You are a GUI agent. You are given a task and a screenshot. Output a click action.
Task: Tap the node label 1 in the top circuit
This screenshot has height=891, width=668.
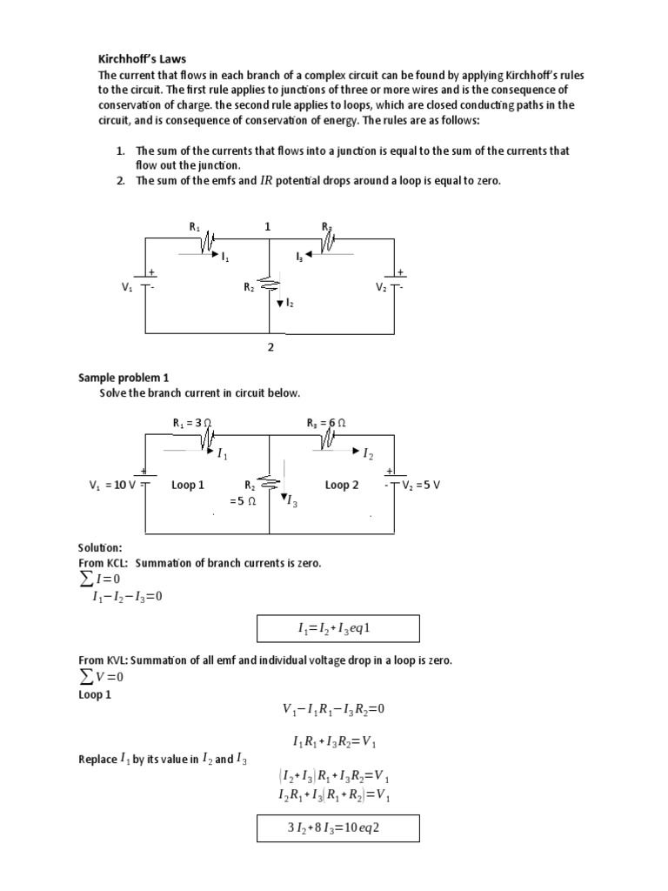pyautogui.click(x=268, y=226)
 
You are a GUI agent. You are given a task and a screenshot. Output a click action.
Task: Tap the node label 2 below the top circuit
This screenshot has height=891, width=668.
pyautogui.click(x=271, y=347)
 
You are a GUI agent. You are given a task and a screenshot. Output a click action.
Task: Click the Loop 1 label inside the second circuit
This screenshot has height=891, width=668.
pyautogui.click(x=188, y=485)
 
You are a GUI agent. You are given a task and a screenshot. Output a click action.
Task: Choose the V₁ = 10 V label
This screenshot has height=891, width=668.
pyautogui.click(x=113, y=485)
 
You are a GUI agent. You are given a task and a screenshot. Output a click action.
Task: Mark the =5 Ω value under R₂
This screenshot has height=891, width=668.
pyautogui.click(x=242, y=501)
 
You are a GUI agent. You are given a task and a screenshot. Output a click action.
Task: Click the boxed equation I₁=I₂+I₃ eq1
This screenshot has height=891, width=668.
pyautogui.click(x=337, y=627)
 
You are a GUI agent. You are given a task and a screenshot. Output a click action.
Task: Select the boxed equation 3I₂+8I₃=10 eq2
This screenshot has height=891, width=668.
pyautogui.click(x=337, y=827)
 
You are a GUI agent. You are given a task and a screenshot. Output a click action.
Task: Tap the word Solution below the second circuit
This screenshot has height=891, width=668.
pyautogui.click(x=100, y=547)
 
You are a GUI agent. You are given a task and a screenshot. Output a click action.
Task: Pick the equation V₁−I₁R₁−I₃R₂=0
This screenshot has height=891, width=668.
pyautogui.click(x=333, y=709)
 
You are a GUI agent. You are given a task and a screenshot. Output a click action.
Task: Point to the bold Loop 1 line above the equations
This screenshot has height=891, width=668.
pyautogui.click(x=95, y=695)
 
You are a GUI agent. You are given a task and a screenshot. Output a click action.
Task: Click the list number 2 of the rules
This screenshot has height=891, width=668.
pyautogui.click(x=121, y=180)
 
